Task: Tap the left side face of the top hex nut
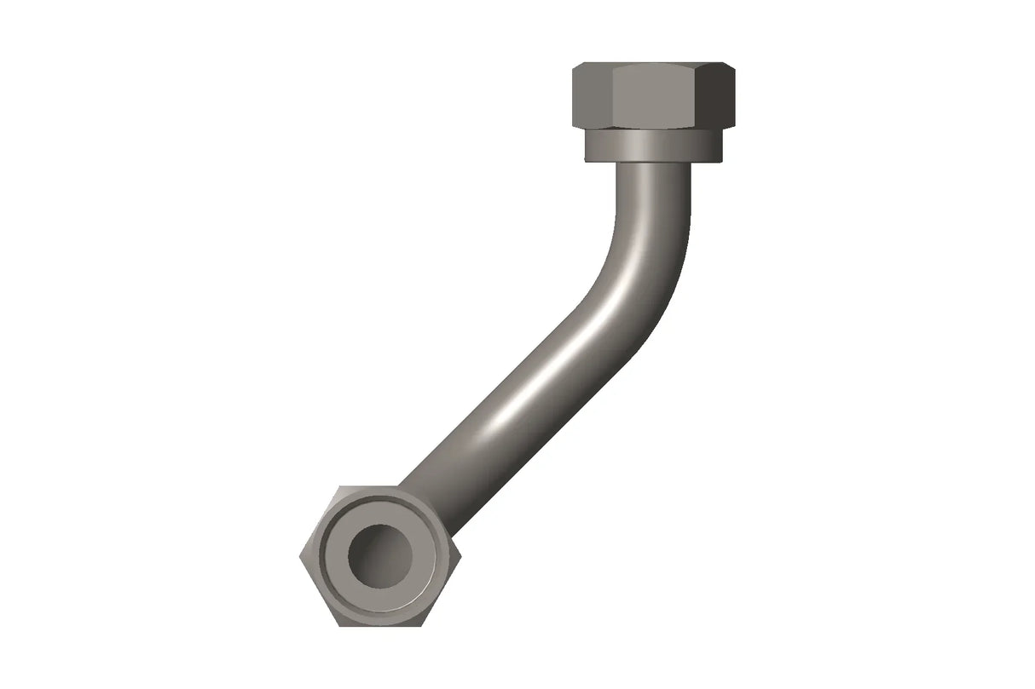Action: [x=591, y=95]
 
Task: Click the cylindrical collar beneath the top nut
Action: [x=653, y=146]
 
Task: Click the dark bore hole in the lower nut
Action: [x=380, y=555]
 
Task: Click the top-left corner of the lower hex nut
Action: [x=338, y=487]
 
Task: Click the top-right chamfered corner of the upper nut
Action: [x=729, y=66]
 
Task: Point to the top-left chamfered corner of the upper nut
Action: [x=578, y=66]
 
